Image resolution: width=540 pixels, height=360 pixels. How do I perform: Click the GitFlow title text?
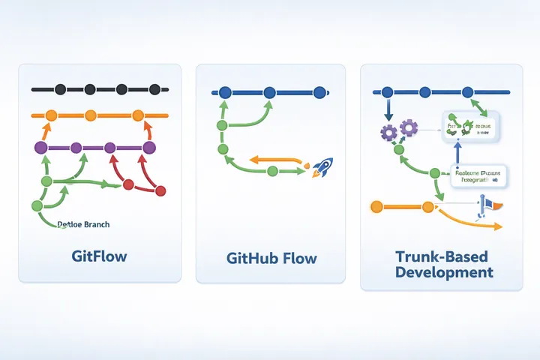tap(99, 256)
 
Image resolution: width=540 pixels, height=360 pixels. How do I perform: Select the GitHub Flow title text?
tap(271, 259)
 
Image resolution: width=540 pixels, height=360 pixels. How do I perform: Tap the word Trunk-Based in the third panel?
tap(444, 256)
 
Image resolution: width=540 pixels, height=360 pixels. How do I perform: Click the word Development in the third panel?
tap(444, 272)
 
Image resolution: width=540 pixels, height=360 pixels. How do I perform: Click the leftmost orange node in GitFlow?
tap(52, 115)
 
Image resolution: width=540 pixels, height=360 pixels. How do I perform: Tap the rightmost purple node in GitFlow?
tap(148, 148)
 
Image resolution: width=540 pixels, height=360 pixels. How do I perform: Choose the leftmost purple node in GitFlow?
tap(40, 148)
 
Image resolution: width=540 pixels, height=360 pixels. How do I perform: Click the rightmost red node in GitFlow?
tap(160, 190)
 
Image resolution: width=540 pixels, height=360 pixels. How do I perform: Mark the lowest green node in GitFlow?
tap(37, 205)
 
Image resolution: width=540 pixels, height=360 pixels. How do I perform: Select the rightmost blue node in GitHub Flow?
tap(319, 93)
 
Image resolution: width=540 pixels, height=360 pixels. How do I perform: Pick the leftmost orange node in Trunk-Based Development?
tap(377, 205)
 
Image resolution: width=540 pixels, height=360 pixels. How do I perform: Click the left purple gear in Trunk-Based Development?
tap(388, 133)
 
